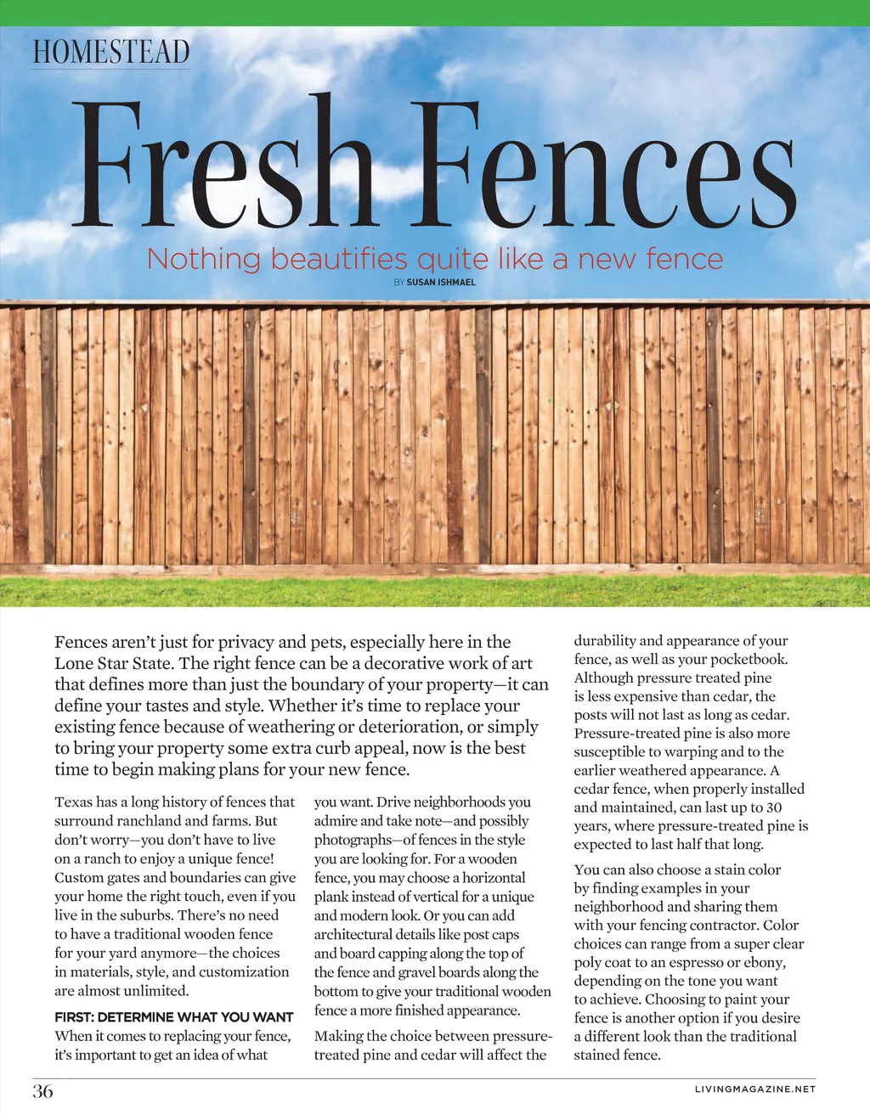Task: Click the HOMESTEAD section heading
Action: coord(111,52)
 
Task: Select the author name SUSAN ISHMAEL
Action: coord(441,282)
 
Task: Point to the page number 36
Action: coord(42,1091)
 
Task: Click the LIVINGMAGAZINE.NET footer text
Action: coord(754,1089)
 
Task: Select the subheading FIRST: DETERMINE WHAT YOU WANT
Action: coord(173,1016)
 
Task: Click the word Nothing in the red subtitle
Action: coord(203,258)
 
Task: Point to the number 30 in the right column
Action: coord(773,807)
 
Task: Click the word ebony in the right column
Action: coord(765,962)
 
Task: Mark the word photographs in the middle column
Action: coord(353,840)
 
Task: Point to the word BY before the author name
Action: coord(398,282)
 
